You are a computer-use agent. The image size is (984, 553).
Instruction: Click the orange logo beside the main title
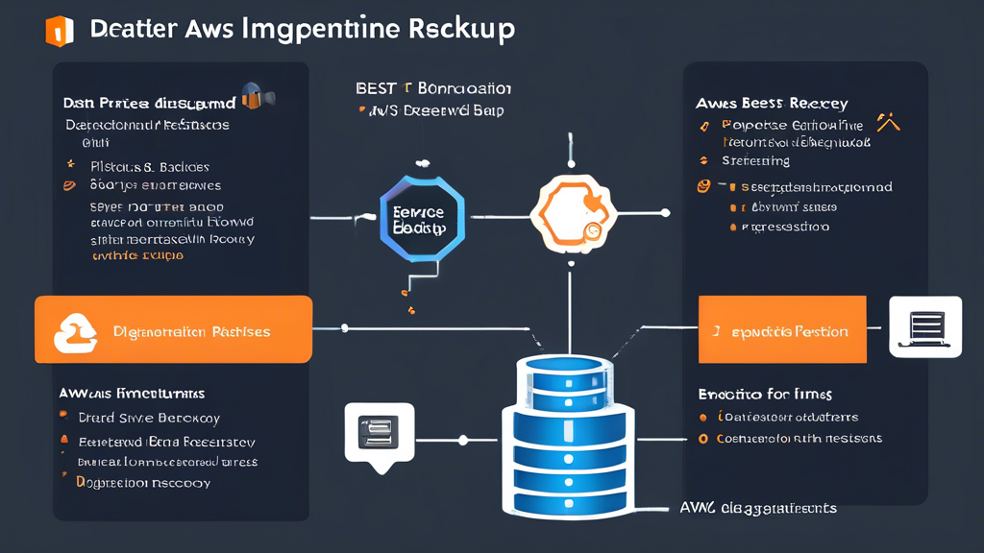[59, 30]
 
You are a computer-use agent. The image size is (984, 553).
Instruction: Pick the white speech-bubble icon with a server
[379, 433]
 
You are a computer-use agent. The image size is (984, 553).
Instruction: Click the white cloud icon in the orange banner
[76, 331]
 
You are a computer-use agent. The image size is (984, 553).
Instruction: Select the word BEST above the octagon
[377, 88]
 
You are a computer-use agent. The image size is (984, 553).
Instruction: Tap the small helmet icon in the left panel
[255, 95]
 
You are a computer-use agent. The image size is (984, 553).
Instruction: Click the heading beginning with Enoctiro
[764, 394]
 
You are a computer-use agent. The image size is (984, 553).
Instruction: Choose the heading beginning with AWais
[132, 394]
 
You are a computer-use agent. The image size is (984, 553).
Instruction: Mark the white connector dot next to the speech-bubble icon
[463, 441]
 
